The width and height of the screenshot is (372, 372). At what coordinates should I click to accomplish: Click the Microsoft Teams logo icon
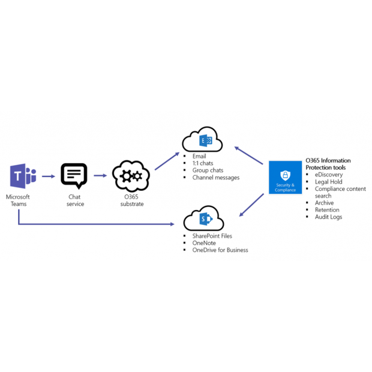[x=23, y=176]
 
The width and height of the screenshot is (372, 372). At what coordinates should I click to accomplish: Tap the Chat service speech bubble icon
[x=74, y=176]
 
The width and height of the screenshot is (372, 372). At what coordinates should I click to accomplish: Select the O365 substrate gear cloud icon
[x=130, y=176]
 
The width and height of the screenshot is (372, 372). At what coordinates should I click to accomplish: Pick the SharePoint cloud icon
[x=204, y=219]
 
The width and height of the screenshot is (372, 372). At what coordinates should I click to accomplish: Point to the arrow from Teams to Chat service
[x=49, y=176]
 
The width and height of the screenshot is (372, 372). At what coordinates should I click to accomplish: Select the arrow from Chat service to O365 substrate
[x=100, y=176]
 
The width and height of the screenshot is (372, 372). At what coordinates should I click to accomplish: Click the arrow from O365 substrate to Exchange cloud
[x=167, y=161]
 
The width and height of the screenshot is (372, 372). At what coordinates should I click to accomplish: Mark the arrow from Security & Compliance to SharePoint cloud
[x=252, y=204]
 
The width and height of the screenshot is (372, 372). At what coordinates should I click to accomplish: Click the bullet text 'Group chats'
[x=208, y=170]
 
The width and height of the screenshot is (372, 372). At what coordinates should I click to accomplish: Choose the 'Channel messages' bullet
[x=216, y=178]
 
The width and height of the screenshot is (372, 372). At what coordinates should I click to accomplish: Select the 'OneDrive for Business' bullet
[x=220, y=250]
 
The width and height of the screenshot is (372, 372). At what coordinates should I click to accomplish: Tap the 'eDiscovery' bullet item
[x=329, y=175]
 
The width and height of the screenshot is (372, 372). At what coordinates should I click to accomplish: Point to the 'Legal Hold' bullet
[x=329, y=182]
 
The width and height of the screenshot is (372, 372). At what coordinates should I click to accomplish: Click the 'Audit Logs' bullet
[x=328, y=217]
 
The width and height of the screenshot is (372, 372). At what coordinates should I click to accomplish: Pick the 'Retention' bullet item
[x=327, y=210]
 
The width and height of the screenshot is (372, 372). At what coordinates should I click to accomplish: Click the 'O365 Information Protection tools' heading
[x=328, y=164]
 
